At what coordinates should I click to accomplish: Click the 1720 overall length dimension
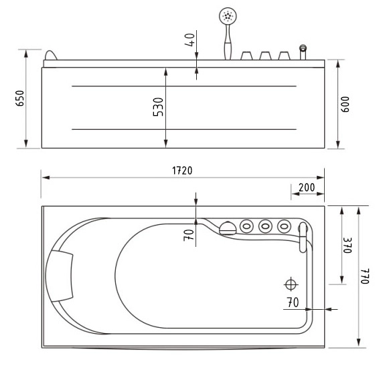coord(181,170)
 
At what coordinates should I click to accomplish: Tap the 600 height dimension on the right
coord(346,104)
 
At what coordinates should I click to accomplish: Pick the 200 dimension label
coord(307,187)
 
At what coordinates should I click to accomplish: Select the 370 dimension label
coord(347,244)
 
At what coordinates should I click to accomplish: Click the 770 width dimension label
coord(366,276)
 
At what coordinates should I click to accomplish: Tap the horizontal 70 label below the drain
coord(293,302)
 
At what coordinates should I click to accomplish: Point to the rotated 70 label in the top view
coord(189,234)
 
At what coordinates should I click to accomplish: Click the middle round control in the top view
coord(265,226)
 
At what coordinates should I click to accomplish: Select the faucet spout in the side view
coord(303,51)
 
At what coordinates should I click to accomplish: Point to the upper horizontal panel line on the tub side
coord(183,86)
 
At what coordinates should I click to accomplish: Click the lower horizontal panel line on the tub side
coord(183,128)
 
